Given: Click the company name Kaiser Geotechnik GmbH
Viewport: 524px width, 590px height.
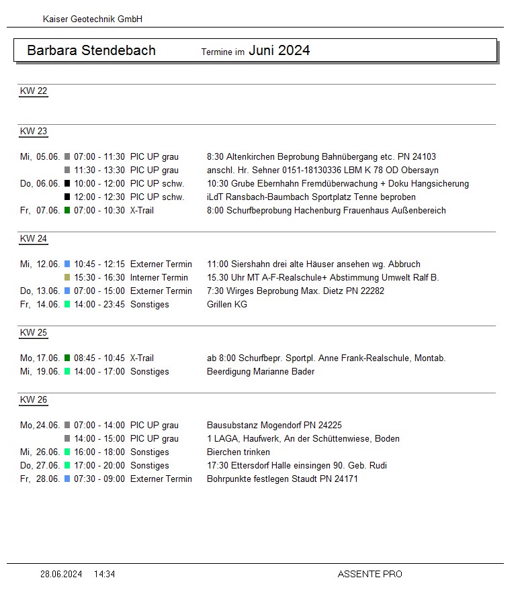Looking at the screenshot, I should (x=93, y=19).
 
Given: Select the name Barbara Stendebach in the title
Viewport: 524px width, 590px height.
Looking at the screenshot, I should (x=91, y=50).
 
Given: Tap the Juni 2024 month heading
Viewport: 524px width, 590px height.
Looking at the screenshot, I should (x=279, y=50).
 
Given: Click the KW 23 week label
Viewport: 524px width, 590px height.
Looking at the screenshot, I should (x=34, y=132).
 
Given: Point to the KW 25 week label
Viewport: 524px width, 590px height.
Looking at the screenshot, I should (x=34, y=333).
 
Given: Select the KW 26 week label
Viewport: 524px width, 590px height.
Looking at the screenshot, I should (x=34, y=400).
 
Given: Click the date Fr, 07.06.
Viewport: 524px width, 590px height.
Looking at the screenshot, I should (x=40, y=210).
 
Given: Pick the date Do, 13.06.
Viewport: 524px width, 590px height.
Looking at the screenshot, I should (x=40, y=291).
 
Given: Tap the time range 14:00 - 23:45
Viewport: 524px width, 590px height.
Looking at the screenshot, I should (x=99, y=304).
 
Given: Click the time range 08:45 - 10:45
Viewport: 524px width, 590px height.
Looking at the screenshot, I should (x=99, y=358).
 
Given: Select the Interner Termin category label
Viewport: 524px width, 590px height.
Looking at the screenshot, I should (x=159, y=277).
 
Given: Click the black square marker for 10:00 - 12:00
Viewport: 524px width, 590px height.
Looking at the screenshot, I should (x=67, y=183).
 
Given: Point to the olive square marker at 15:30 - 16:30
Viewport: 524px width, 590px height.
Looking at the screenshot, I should (x=67, y=277).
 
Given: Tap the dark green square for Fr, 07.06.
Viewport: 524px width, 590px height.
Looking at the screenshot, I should (x=67, y=210).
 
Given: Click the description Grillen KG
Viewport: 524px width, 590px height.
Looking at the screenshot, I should (x=227, y=304).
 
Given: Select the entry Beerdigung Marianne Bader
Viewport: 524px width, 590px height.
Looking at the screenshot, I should (x=261, y=371).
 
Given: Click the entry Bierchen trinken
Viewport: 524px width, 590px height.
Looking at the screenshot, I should (x=238, y=452).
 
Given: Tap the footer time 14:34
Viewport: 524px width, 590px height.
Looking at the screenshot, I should (x=104, y=574).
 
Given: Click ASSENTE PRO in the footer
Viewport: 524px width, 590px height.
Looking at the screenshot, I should (x=369, y=574).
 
